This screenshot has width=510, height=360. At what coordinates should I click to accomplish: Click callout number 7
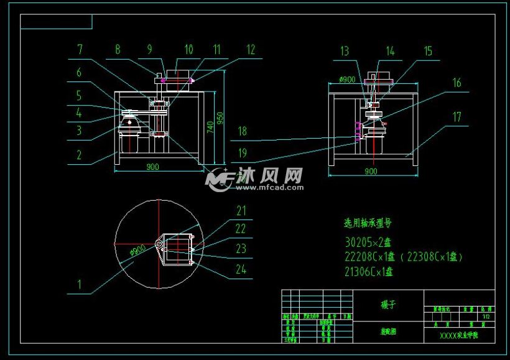click(x=80, y=49)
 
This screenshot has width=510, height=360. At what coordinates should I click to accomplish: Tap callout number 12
click(x=250, y=50)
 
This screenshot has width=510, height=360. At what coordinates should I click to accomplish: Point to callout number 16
click(x=457, y=82)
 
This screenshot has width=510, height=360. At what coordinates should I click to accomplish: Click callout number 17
click(x=457, y=116)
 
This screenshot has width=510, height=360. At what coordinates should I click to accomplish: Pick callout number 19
click(x=242, y=152)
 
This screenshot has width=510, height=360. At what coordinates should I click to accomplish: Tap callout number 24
click(x=241, y=269)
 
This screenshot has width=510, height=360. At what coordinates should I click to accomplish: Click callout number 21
click(x=241, y=211)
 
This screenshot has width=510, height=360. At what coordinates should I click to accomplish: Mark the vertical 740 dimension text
click(x=210, y=127)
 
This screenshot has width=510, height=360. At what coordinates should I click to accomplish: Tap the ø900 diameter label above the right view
click(x=347, y=80)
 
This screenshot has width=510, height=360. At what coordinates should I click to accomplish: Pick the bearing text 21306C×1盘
click(x=369, y=271)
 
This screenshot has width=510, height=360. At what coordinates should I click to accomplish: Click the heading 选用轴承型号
click(x=368, y=222)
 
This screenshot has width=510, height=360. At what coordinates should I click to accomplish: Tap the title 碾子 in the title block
click(x=387, y=305)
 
